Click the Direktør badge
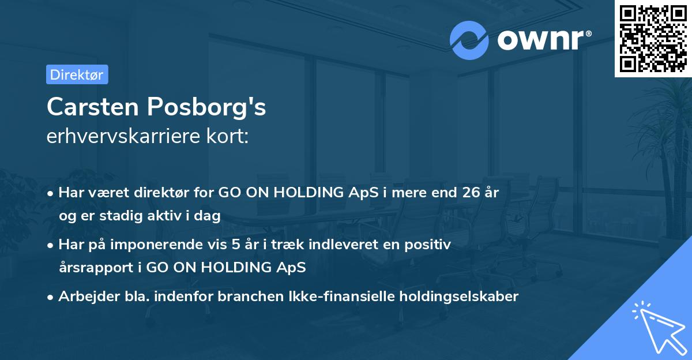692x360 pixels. click(x=77, y=74)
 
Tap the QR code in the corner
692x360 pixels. click(x=653, y=38)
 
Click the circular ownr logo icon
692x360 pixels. click(x=469, y=40)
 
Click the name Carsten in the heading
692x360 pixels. click(x=92, y=107)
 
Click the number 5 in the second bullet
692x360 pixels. click(x=235, y=245)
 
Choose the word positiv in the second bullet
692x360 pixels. click(x=430, y=245)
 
